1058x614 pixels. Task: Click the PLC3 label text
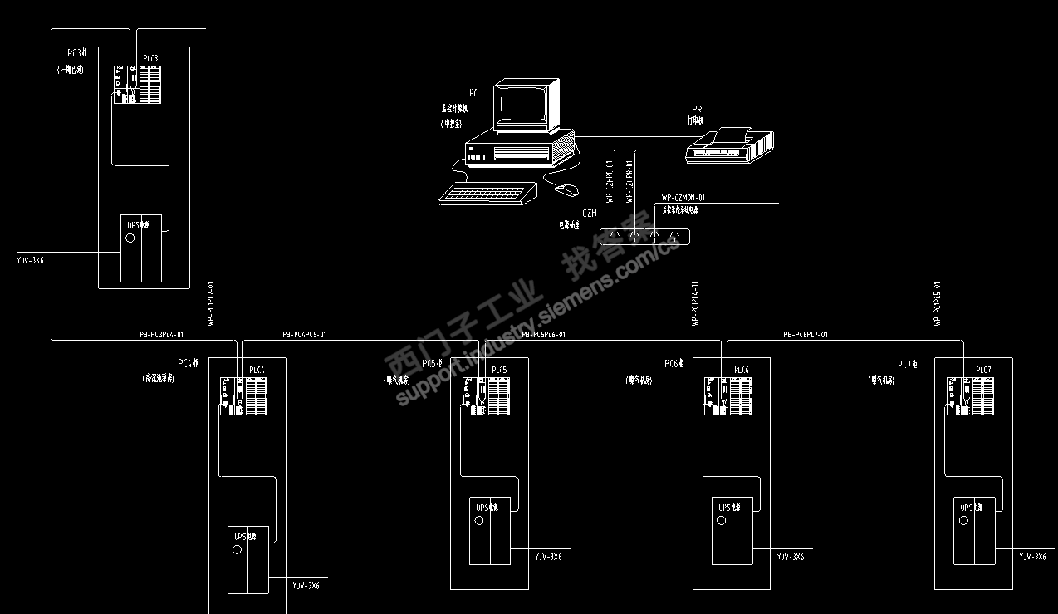click(150, 57)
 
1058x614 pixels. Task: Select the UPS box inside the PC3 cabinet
click(141, 248)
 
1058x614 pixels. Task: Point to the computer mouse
click(566, 190)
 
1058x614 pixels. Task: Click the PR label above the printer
click(697, 109)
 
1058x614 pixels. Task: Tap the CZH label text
click(589, 214)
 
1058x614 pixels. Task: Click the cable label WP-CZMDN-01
click(683, 198)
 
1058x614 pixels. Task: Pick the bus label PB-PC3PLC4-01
click(161, 335)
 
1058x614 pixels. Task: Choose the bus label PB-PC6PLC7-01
click(806, 335)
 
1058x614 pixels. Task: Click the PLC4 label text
click(257, 370)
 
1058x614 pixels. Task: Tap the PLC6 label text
click(742, 370)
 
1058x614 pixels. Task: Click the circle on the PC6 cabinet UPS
click(721, 520)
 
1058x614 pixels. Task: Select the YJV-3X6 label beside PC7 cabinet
click(1032, 556)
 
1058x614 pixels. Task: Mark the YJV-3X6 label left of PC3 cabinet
click(30, 260)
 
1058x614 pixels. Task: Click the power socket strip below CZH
click(644, 236)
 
